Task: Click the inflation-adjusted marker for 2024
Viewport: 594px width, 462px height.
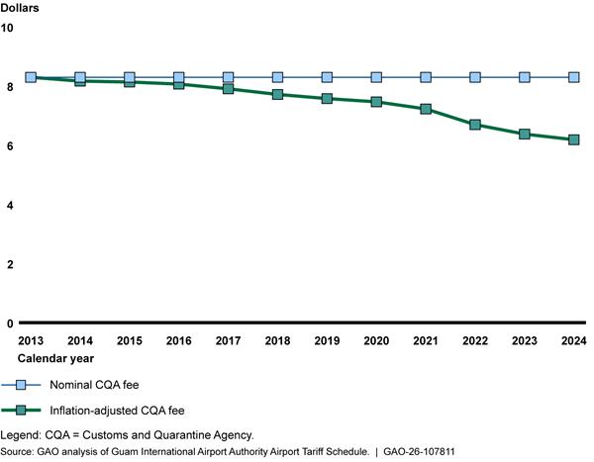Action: click(x=574, y=139)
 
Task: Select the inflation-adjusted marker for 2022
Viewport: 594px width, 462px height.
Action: click(x=475, y=125)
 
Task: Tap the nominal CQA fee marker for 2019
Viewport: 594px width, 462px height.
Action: click(x=327, y=77)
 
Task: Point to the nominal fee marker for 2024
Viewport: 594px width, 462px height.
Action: click(x=574, y=77)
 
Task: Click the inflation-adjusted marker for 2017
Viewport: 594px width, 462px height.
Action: click(x=228, y=89)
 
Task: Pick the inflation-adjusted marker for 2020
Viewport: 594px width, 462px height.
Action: click(x=376, y=102)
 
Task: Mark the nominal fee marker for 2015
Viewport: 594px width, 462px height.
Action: click(x=130, y=77)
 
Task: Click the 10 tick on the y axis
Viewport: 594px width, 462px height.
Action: click(x=7, y=28)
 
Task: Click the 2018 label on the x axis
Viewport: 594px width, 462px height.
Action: click(x=277, y=340)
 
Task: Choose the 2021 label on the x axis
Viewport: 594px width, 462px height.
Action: click(x=426, y=340)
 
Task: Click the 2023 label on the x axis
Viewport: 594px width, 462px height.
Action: click(x=525, y=340)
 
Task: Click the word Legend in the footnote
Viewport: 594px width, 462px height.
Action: click(x=20, y=435)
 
